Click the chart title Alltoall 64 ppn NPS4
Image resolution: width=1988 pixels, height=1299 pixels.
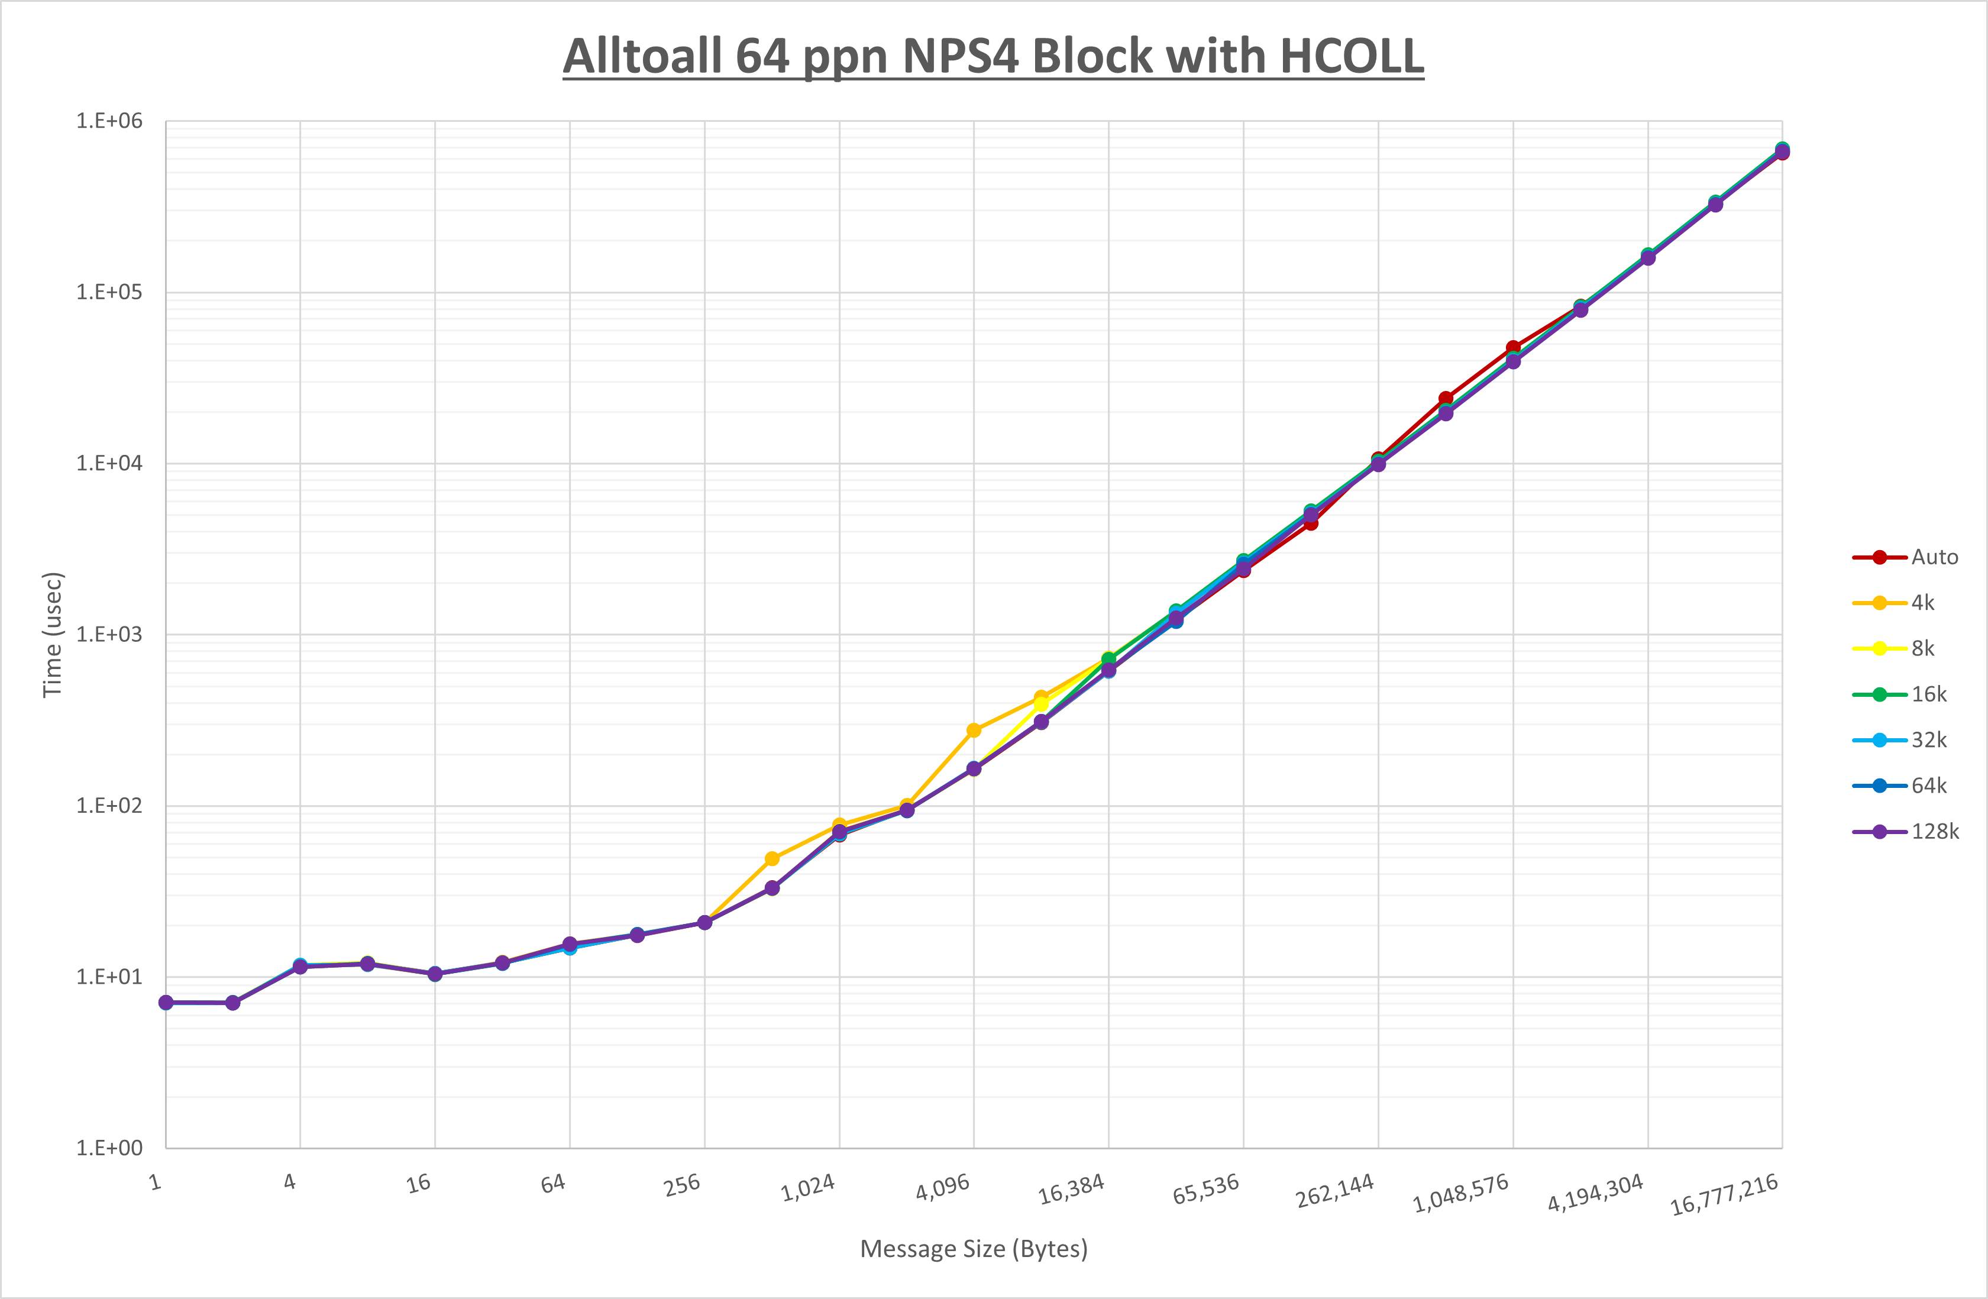tap(993, 57)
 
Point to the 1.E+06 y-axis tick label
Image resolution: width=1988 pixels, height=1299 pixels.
tap(109, 121)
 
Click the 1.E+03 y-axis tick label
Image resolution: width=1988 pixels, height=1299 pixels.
tap(109, 635)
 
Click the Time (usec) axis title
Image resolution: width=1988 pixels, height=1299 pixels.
tap(53, 635)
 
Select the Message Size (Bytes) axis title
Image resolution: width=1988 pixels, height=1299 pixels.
tap(974, 1249)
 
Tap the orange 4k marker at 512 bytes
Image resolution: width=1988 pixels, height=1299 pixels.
tap(772, 859)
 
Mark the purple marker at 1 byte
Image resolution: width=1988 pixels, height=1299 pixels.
tap(166, 1003)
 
